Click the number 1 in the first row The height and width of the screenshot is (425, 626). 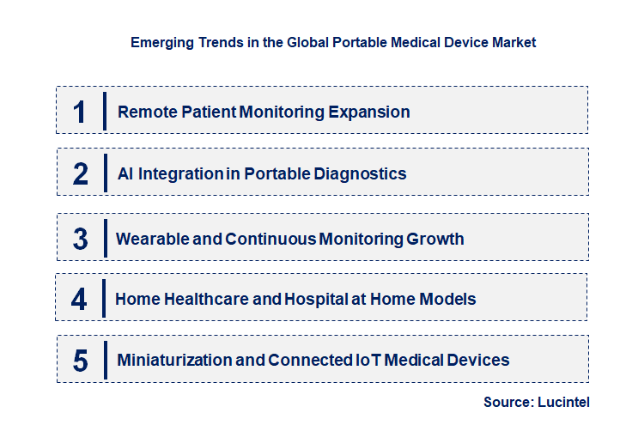(80, 112)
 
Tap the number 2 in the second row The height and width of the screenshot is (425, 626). (80, 173)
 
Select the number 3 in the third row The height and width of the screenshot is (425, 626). (80, 239)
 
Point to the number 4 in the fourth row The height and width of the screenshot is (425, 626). (79, 299)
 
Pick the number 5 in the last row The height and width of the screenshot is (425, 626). (80, 360)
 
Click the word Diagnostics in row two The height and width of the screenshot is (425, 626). (362, 173)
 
